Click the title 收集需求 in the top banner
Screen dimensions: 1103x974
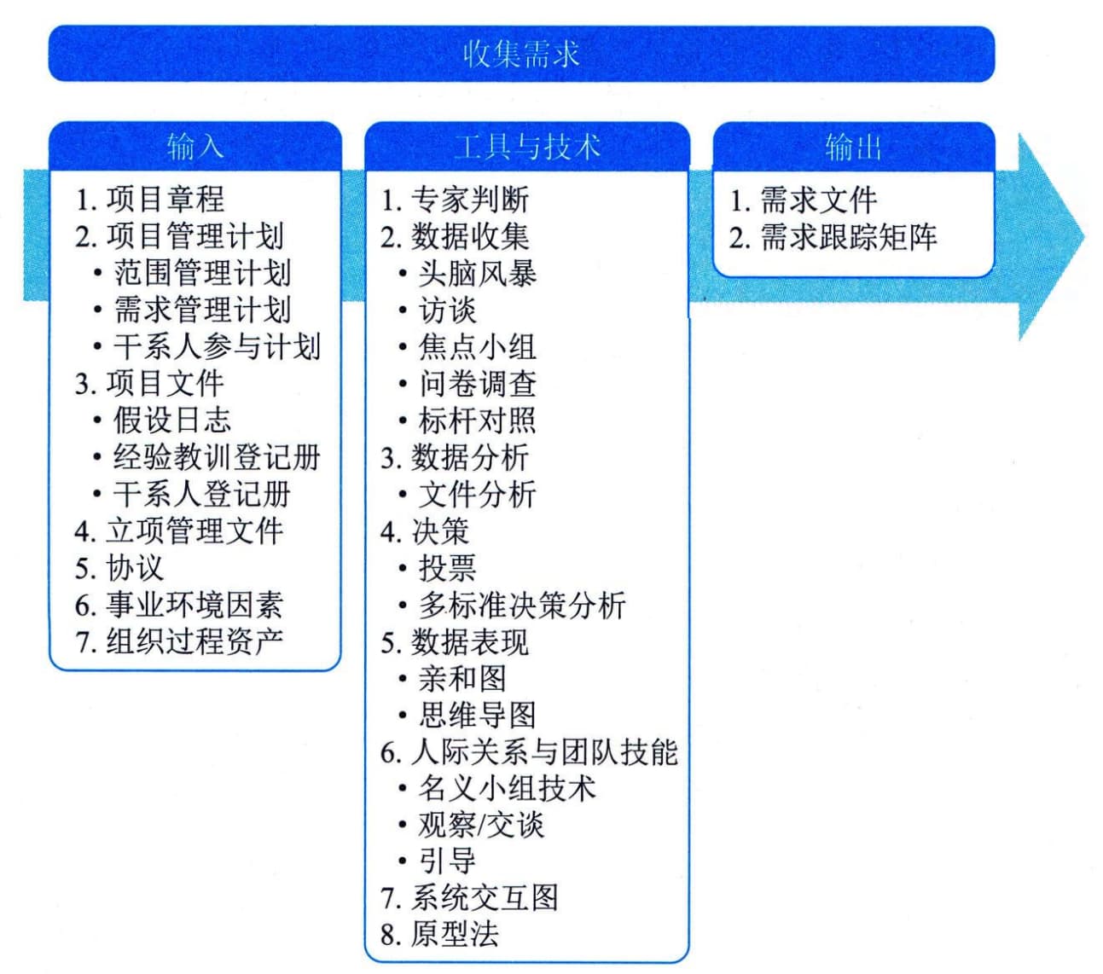coord(521,55)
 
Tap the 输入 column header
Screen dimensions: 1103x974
coord(194,147)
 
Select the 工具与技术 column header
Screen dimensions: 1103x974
coord(527,147)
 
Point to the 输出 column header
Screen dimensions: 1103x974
coord(853,147)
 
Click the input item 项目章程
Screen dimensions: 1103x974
coord(165,199)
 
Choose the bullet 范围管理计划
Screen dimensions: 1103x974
coord(202,273)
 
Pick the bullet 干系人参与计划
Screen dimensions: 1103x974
coord(217,346)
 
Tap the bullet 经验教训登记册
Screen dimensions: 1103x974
coord(217,457)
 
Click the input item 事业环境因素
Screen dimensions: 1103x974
coord(194,605)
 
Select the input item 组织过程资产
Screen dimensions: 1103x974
coord(194,641)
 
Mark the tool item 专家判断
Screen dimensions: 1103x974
coord(470,200)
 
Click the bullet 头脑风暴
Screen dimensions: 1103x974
coord(477,273)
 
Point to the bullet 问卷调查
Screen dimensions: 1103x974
coord(477,384)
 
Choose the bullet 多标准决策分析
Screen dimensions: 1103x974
coord(521,605)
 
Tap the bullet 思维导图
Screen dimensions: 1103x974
coord(477,716)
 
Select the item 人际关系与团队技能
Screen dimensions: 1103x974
coord(544,752)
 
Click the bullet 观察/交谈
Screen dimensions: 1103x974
coord(481,826)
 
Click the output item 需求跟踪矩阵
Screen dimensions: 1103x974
coord(848,237)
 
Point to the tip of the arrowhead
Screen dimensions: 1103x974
coord(1084,237)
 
